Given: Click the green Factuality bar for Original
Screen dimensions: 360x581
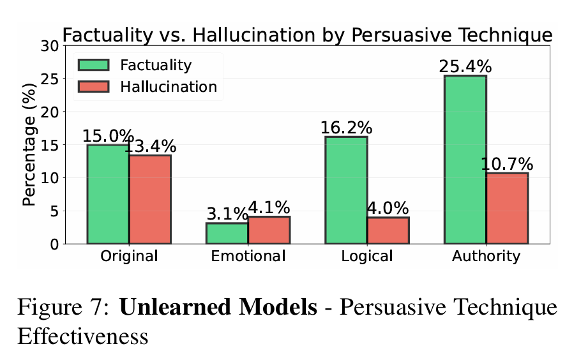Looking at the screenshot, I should click(108, 194).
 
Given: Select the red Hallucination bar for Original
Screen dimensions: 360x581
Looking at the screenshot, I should click(149, 199).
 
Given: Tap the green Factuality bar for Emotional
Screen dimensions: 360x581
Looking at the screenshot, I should click(227, 233).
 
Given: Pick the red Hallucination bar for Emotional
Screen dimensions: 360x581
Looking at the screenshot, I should click(269, 230).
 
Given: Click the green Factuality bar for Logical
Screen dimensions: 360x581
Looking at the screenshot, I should click(346, 190).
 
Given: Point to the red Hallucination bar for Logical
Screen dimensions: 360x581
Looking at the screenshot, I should click(388, 230).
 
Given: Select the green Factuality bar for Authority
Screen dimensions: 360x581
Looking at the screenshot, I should click(465, 160).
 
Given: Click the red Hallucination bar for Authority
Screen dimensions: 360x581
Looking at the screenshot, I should click(507, 208).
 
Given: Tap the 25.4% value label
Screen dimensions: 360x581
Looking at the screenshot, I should click(465, 66).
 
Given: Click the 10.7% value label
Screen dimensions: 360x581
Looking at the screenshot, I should click(507, 164).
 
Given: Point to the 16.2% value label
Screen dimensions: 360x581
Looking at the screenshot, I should click(346, 128).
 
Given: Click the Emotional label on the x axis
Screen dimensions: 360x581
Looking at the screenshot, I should click(248, 257).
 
